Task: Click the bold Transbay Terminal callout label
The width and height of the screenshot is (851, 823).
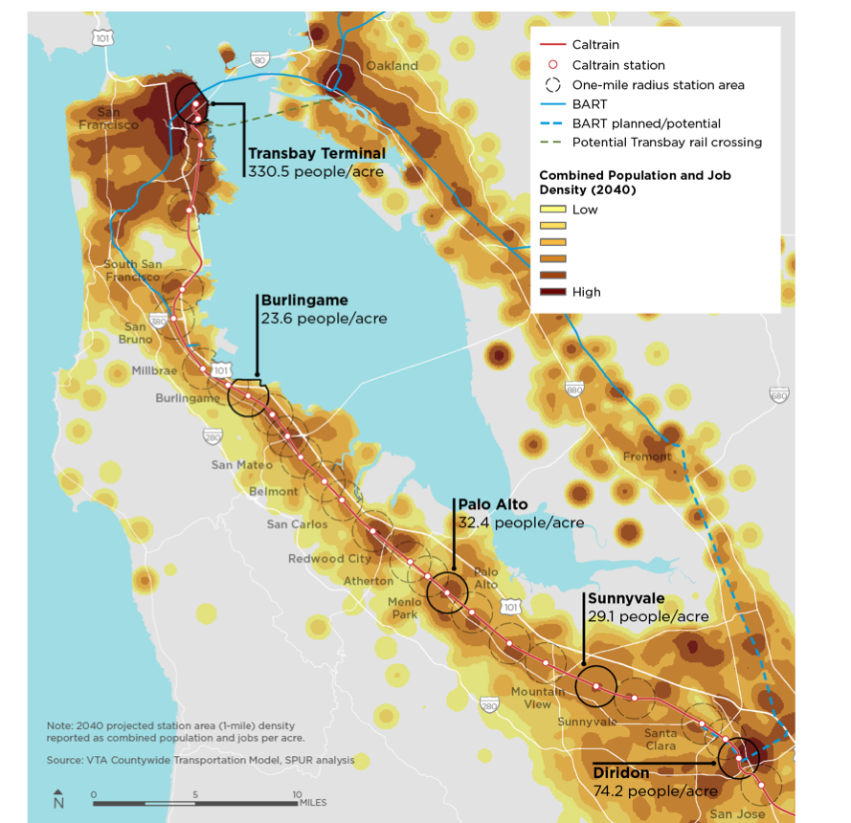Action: point(316,153)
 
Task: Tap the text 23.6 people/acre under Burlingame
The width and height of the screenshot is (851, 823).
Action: point(324,318)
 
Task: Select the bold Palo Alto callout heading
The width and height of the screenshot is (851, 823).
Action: point(492,504)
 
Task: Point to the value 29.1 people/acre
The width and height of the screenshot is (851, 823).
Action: point(648,616)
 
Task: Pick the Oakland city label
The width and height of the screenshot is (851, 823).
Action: point(392,66)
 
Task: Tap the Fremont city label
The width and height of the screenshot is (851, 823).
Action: point(646,456)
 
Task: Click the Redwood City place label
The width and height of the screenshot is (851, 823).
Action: point(329,558)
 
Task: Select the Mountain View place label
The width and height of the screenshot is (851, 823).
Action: point(537,698)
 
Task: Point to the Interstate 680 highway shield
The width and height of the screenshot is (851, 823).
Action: point(778,395)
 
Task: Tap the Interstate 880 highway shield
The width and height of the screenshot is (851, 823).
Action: point(574,389)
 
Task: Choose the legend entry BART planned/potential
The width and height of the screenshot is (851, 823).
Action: point(646,123)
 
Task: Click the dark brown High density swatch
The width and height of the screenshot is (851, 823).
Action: point(552,292)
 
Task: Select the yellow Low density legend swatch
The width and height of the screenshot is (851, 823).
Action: point(552,210)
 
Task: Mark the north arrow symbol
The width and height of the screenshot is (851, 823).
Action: point(58,798)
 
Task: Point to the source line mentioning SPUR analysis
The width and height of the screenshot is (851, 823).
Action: point(200,761)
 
